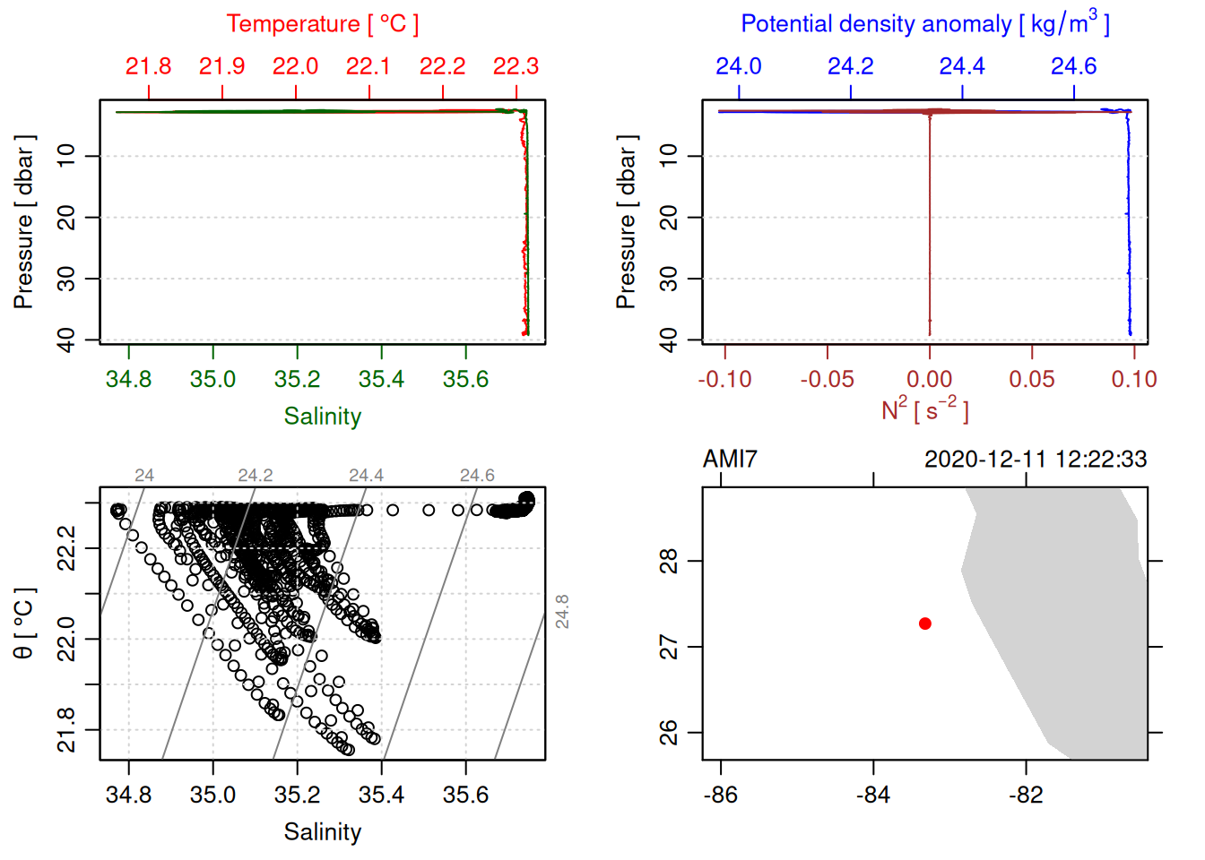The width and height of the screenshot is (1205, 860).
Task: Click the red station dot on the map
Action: point(924,623)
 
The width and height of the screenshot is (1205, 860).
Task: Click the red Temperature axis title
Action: point(322,24)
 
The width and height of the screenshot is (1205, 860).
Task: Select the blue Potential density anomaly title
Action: point(924,24)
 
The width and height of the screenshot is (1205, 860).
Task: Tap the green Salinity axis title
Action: point(322,417)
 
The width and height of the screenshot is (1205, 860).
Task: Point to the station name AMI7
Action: point(730,460)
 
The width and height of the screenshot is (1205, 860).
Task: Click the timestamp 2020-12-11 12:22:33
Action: point(1035,460)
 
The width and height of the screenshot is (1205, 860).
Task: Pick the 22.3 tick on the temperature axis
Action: point(516,67)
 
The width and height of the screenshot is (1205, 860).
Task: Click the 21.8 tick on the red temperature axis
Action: point(148,67)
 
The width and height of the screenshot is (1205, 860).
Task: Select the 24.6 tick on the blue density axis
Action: point(1073,67)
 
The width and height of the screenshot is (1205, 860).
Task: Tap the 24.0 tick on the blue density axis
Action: point(738,67)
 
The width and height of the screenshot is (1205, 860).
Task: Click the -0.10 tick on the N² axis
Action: point(724,380)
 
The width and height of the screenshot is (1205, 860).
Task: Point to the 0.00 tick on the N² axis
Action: point(929,380)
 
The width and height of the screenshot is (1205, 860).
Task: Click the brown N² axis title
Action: point(924,410)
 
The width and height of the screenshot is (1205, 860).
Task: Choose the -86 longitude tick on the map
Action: point(721,795)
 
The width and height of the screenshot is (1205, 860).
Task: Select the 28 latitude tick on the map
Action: point(669,562)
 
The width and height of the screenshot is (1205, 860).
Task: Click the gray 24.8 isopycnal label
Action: point(562,612)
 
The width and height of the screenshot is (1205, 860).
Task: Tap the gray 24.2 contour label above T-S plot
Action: point(256,476)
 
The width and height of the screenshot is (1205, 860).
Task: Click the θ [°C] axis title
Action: point(24,623)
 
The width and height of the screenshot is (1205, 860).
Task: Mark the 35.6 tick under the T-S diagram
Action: point(465,795)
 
